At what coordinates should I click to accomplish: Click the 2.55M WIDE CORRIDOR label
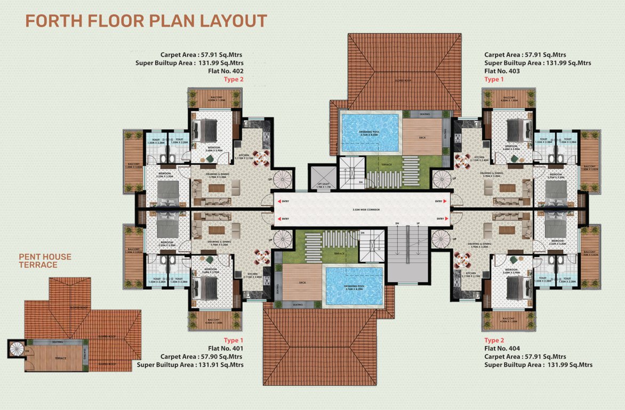coord(362,210)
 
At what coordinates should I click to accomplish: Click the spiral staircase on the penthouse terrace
coord(17,350)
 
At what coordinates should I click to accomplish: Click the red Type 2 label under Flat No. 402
coord(233,80)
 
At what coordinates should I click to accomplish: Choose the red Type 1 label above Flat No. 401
coord(233,340)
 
